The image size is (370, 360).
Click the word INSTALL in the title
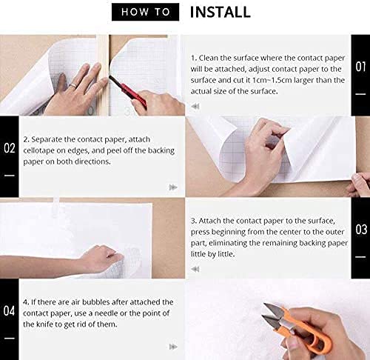coord(221,12)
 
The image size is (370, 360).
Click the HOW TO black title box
coord(145,12)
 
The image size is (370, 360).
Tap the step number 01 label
coord(360,67)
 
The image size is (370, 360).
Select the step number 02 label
coord(10,148)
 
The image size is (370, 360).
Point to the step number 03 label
coord(361,230)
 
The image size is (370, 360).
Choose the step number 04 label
coord(9,310)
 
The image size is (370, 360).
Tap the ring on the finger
coord(73,86)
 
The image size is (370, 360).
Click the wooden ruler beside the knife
coord(103,75)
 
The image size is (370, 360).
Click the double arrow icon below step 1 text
coord(195,107)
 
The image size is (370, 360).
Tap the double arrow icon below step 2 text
coord(173,187)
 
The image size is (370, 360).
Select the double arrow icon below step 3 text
coord(195,269)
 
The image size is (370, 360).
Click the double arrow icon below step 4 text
coord(173,347)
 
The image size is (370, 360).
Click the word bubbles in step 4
coord(95,302)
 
